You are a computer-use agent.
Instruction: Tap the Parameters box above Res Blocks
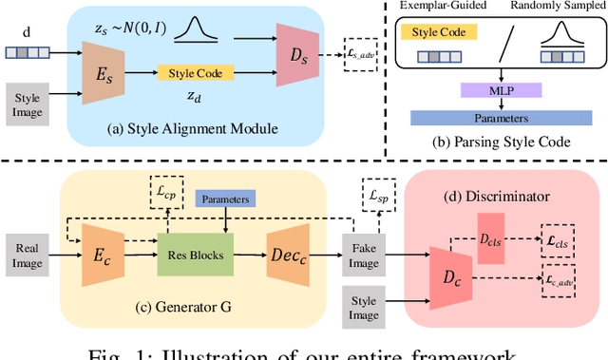click(x=224, y=199)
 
